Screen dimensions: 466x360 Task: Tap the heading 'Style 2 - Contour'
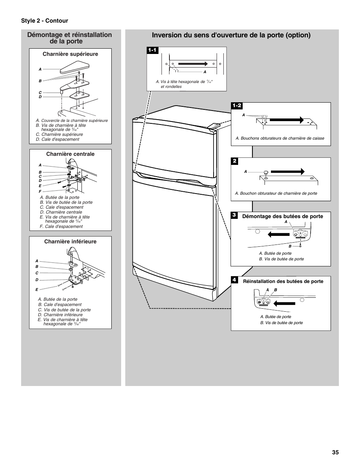45,21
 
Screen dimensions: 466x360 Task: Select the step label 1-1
152,50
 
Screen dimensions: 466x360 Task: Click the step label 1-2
237,106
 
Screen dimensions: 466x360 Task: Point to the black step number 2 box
234,161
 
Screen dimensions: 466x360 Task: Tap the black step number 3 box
234,215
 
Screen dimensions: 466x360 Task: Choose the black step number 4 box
234,280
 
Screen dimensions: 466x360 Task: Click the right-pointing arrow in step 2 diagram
288,171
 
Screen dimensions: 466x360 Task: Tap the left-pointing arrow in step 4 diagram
283,303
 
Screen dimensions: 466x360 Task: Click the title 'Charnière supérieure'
70,54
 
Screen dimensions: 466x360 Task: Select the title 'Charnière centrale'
70,154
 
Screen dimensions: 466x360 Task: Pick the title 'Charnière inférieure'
70,241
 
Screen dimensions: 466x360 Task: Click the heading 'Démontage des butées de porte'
283,216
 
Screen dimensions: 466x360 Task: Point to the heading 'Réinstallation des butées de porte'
283,281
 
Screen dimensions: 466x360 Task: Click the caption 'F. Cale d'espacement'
61,226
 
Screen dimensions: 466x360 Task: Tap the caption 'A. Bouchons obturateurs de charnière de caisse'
280,138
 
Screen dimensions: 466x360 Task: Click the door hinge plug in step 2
265,172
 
